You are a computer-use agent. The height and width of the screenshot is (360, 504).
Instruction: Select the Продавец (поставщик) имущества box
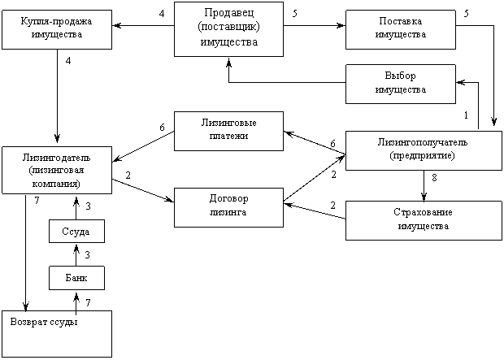(228, 28)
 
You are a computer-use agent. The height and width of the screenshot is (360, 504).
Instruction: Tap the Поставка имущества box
(400, 30)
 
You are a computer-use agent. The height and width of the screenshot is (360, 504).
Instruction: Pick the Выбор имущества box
(400, 83)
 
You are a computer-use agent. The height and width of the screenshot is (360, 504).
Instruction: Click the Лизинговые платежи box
(228, 130)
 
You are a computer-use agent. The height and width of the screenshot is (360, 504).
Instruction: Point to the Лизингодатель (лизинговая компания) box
(58, 169)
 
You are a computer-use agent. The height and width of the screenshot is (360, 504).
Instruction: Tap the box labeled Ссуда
(76, 231)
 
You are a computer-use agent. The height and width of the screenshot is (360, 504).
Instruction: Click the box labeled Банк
(76, 278)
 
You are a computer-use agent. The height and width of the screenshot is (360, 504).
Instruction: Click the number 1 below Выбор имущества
(466, 115)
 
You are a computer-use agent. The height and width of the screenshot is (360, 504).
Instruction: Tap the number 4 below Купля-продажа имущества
(69, 61)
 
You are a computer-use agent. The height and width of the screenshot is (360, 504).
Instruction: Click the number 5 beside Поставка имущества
(466, 14)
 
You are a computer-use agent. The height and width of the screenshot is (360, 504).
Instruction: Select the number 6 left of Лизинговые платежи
(163, 128)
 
